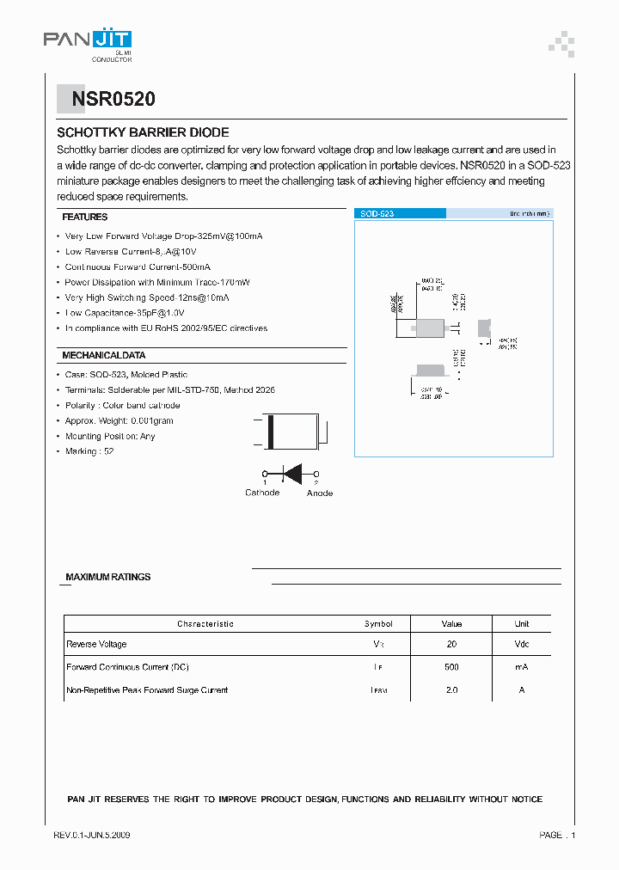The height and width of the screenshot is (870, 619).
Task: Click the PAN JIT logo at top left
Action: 88,40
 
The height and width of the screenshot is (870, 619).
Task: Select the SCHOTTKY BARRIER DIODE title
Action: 143,132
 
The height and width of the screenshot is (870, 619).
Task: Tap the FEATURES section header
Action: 85,217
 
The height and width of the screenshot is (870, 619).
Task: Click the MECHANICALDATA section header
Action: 103,355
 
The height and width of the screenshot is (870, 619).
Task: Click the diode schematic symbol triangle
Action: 294,473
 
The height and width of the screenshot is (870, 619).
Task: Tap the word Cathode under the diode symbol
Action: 262,493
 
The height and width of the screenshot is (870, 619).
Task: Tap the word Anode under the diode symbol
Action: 319,493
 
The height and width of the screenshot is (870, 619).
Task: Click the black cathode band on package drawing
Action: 272,432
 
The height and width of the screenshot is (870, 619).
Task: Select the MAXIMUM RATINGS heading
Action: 107,577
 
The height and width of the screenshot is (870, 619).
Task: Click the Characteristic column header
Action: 205,623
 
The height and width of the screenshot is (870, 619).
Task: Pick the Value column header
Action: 451,623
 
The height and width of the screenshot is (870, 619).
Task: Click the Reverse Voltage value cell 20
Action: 451,644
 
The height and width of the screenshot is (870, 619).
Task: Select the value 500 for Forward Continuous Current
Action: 451,667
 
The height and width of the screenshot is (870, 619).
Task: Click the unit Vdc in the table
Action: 522,644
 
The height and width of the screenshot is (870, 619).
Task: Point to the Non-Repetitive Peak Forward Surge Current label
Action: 147,690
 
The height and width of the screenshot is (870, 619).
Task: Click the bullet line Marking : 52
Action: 89,451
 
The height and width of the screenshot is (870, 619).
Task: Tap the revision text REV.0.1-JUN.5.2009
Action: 92,835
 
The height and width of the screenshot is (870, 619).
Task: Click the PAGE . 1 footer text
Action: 557,835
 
